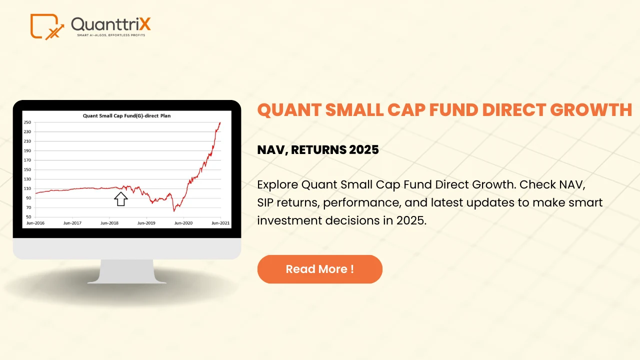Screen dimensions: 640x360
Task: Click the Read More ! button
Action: coord(319,269)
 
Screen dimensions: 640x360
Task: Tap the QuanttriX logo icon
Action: coord(47,26)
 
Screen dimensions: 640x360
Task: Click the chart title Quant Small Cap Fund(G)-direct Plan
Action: coord(126,115)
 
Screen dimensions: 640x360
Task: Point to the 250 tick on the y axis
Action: coord(27,122)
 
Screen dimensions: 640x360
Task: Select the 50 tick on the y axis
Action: coord(28,217)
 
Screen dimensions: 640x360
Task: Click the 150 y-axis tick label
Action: coord(27,169)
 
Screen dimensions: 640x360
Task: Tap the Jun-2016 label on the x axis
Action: coord(35,223)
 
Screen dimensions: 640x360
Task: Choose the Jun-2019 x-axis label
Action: coord(146,223)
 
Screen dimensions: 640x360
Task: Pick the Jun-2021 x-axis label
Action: coord(220,223)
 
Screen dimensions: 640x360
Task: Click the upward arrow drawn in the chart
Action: coord(121,199)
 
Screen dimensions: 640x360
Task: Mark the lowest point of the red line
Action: coord(174,211)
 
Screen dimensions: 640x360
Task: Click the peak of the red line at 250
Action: coord(220,122)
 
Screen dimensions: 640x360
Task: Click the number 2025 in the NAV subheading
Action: coord(363,149)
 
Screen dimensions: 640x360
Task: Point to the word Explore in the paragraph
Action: coord(277,185)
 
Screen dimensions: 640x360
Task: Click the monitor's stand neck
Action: coord(126,271)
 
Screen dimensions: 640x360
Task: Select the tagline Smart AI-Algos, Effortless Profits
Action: coord(111,35)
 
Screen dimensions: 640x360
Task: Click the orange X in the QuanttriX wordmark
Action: coord(145,24)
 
